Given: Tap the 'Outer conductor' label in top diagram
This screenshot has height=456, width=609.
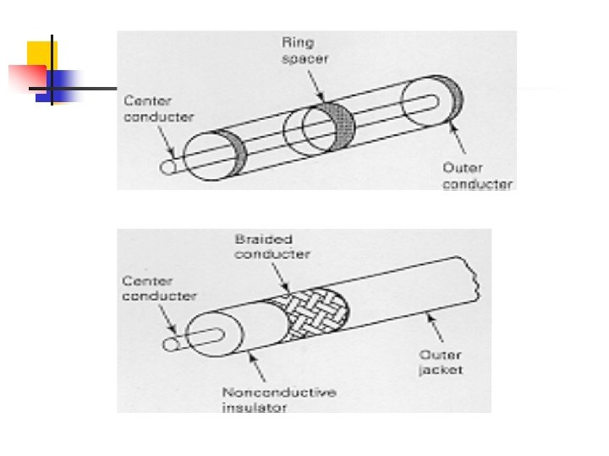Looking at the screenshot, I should pyautogui.click(x=477, y=176).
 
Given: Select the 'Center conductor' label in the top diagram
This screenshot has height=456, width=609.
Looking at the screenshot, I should pyautogui.click(x=158, y=108).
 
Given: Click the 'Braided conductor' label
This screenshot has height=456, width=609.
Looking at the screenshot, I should pyautogui.click(x=272, y=247).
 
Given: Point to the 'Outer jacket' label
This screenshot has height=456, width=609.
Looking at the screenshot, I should pyautogui.click(x=440, y=361).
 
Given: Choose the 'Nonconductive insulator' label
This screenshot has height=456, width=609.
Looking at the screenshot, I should pyautogui.click(x=266, y=399).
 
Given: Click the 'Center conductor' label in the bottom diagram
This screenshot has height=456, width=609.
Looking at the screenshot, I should pyautogui.click(x=158, y=288).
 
